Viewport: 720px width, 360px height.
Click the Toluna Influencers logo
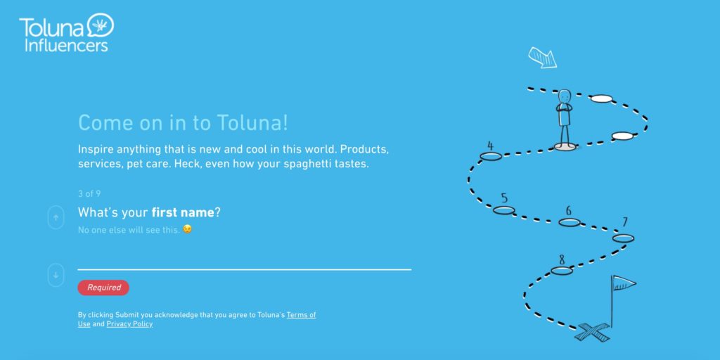pyautogui.click(x=66, y=32)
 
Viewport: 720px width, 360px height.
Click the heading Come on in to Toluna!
pyautogui.click(x=184, y=123)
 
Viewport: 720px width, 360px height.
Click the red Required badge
pyautogui.click(x=103, y=288)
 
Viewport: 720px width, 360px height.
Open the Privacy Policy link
pyautogui.click(x=129, y=324)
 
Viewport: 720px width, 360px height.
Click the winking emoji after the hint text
pyautogui.click(x=187, y=229)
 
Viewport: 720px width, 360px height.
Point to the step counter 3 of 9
pyautogui.click(x=89, y=194)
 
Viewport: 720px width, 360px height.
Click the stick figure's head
pyautogui.click(x=565, y=96)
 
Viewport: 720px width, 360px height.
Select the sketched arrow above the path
pyautogui.click(x=542, y=58)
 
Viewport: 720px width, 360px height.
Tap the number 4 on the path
pyautogui.click(x=490, y=146)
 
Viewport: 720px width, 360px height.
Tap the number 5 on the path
pyautogui.click(x=504, y=198)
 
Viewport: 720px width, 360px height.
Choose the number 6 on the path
pyautogui.click(x=568, y=211)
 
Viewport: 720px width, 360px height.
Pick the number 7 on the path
pyautogui.click(x=625, y=222)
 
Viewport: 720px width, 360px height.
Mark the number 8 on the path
pyautogui.click(x=562, y=260)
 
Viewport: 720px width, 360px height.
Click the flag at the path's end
pyautogui.click(x=624, y=283)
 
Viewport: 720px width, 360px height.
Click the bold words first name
pyautogui.click(x=183, y=212)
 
